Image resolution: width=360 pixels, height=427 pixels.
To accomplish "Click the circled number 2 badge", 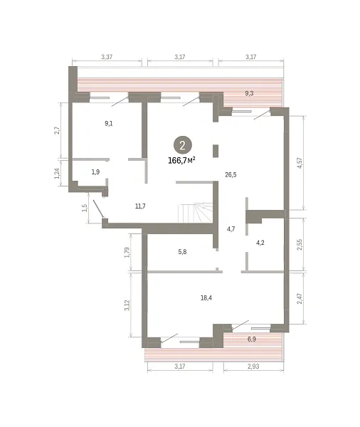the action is click(183, 145).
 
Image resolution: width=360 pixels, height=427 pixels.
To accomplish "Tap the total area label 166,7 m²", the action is click(181, 160).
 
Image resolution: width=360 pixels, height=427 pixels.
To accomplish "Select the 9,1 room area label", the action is click(109, 123).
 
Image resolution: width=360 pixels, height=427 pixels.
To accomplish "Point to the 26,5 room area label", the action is click(231, 175).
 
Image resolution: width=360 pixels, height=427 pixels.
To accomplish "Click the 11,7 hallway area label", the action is click(140, 206).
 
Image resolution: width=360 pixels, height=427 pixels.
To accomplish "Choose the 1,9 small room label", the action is click(95, 172).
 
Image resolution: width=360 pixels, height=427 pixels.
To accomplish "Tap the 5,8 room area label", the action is click(182, 252).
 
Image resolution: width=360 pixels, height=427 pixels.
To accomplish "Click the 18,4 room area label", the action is click(206, 298).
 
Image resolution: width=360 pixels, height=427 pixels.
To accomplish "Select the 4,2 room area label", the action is click(260, 243).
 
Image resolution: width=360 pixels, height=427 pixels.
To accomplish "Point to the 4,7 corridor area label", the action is click(231, 229).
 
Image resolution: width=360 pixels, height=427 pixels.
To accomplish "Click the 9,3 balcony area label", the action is click(249, 93).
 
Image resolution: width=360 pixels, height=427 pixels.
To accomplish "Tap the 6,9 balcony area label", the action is click(252, 339).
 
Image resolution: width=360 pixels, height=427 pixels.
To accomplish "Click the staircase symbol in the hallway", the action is click(195, 212).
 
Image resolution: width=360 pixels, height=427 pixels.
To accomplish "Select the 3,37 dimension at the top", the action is click(107, 57).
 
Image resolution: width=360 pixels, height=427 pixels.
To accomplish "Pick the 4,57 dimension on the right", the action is click(300, 163).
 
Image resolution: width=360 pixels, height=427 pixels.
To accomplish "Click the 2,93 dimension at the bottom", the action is click(253, 367).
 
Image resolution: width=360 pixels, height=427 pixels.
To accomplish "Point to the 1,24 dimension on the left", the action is click(57, 173).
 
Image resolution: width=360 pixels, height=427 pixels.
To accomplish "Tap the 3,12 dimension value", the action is click(127, 305).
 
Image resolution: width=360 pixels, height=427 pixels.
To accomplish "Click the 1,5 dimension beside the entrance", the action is click(85, 208).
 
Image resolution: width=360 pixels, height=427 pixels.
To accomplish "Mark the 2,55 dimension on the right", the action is click(300, 245).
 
